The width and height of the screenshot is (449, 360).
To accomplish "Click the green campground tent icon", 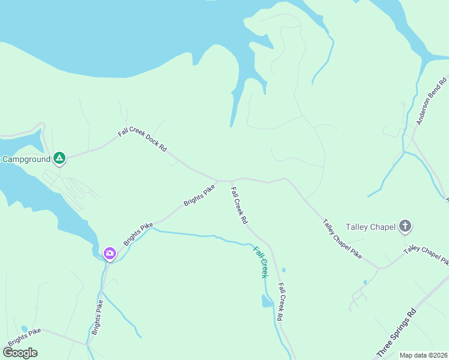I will [x=59, y=158].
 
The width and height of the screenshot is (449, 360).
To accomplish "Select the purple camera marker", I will [x=109, y=253].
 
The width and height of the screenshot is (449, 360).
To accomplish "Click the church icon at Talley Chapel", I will [x=405, y=226].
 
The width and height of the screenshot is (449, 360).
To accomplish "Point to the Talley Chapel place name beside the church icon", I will [x=370, y=227].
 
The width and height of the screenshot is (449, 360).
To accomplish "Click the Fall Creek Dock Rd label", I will [x=142, y=139].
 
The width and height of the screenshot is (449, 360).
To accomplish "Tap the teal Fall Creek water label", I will [x=259, y=262].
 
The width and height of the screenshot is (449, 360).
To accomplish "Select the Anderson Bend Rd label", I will [x=432, y=101].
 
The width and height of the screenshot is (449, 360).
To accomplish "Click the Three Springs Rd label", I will [x=396, y=334].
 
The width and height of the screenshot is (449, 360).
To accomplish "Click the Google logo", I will [x=19, y=352].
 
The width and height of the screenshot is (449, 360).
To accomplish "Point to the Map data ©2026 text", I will [x=423, y=355].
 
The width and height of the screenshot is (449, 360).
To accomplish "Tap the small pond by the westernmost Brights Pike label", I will [x=24, y=329].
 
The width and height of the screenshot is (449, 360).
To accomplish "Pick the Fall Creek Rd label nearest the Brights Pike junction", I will [x=239, y=206].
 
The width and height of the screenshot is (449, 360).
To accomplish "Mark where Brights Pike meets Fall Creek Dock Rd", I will [x=217, y=179].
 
